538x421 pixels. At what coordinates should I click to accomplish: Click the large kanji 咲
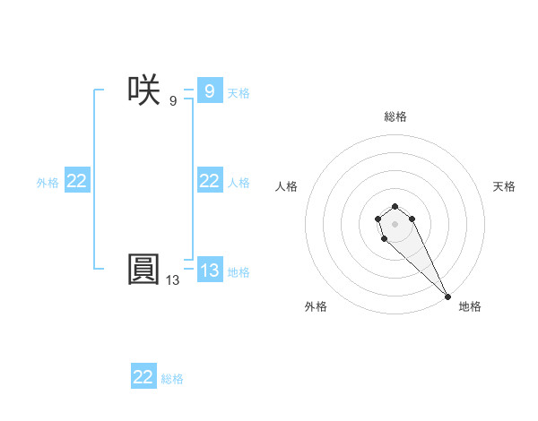[x=143, y=90]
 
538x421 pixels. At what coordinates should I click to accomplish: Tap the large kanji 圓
[x=143, y=269]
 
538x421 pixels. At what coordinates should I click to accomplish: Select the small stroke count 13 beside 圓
[x=172, y=280]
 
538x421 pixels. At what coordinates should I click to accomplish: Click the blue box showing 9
[x=209, y=90]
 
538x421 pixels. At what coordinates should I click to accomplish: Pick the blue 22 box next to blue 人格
[x=209, y=181]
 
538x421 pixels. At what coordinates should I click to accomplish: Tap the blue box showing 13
[x=209, y=271]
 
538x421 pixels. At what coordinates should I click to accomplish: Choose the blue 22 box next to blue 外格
[x=77, y=181]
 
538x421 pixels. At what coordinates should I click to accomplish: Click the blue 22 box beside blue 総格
[x=143, y=377]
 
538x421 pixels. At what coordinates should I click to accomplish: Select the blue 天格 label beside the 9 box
[x=239, y=92]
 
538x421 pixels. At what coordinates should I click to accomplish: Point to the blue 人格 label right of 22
[x=239, y=183]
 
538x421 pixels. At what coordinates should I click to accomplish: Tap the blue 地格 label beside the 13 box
[x=239, y=272]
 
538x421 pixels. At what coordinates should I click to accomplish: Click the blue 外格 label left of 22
[x=48, y=183]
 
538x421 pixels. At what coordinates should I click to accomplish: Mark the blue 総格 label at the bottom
[x=172, y=379]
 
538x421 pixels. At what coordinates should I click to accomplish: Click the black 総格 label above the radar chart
[x=395, y=116]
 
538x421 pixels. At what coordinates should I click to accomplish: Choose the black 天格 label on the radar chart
[x=505, y=186]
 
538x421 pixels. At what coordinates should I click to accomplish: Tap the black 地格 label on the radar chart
[x=470, y=306]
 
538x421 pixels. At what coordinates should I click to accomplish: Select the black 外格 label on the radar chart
[x=316, y=306]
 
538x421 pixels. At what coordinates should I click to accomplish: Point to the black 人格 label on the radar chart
[x=287, y=186]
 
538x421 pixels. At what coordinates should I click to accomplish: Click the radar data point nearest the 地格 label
[x=447, y=296]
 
